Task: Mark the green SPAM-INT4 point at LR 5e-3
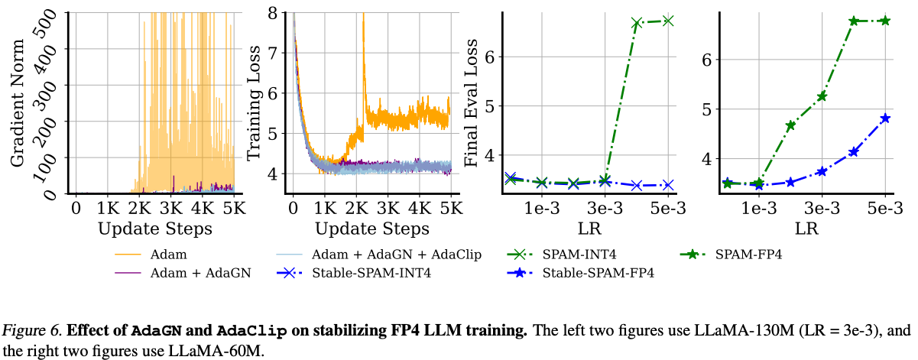click(668, 21)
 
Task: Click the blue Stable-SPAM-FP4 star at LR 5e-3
click(885, 118)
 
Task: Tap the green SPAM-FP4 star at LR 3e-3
click(822, 96)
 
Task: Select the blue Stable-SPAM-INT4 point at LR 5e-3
click(668, 185)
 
